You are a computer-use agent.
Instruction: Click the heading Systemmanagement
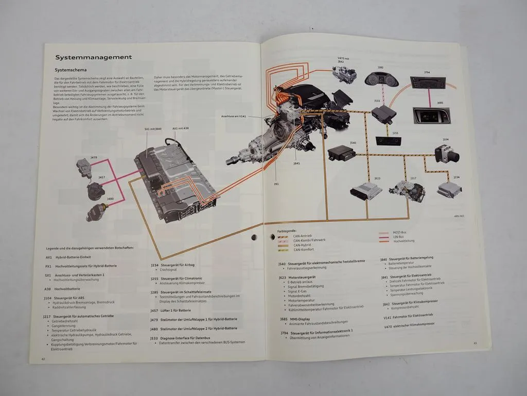[93, 57]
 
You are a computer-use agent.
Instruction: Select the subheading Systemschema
[70, 70]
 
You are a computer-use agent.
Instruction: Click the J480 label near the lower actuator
[110, 199]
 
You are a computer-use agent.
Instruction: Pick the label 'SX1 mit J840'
[153, 129]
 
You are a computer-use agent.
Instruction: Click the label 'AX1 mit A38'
[181, 129]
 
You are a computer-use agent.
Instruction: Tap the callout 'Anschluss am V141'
[234, 116]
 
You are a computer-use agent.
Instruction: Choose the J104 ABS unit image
[446, 153]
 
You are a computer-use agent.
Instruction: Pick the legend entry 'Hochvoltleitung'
[403, 241]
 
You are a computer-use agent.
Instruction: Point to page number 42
[44, 358]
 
